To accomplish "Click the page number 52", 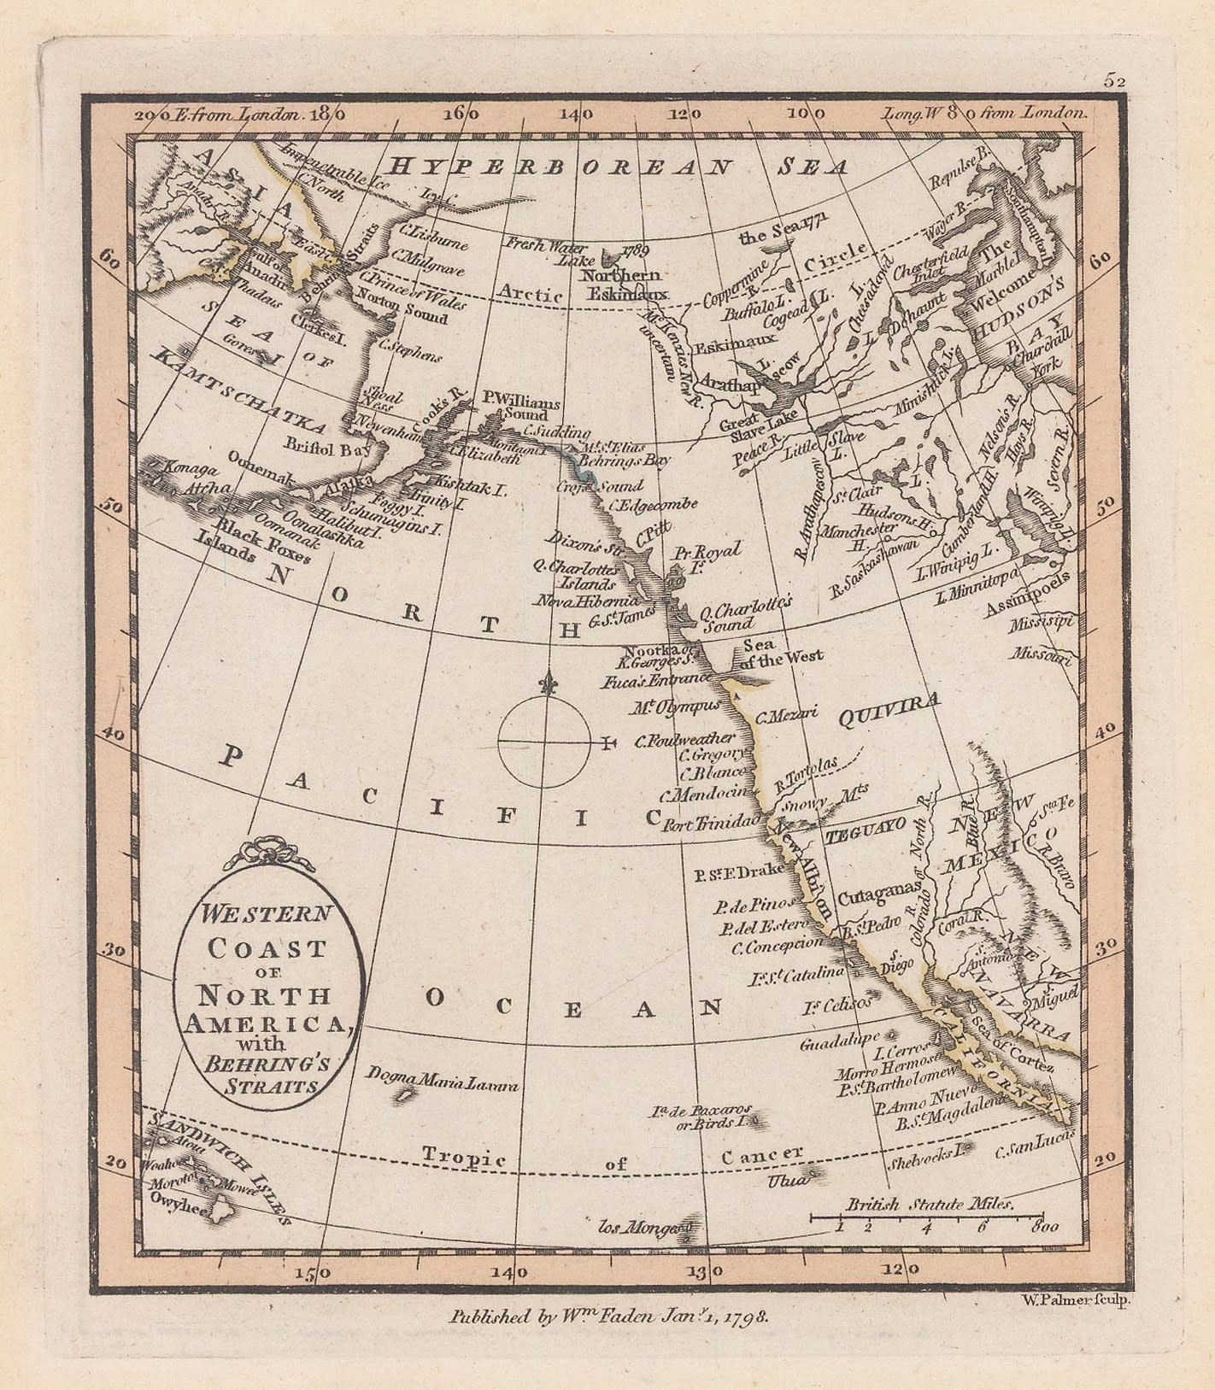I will coord(1114,80).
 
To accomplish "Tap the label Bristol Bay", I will coord(325,448).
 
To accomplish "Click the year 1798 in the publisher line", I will coord(749,1317).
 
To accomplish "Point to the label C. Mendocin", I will coord(708,793).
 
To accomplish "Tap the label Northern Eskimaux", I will coord(622,284).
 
